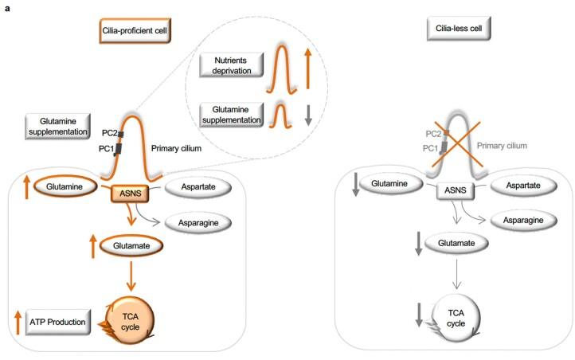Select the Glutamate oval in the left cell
tap(134, 247)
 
